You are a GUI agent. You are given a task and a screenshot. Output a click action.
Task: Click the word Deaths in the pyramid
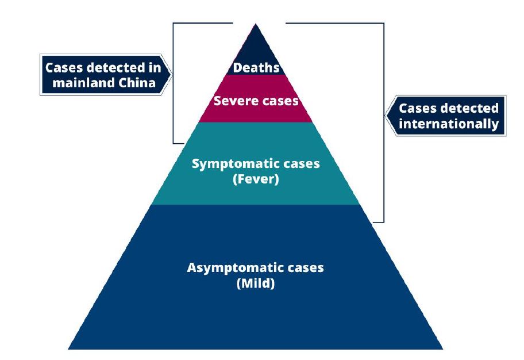coord(256,68)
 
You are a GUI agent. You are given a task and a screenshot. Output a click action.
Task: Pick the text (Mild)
coord(256,284)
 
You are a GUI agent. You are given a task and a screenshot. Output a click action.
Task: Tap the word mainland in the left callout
coord(81,83)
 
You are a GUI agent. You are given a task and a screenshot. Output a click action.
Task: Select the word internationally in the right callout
coord(449,124)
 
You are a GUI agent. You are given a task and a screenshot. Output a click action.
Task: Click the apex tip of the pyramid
coord(256,24)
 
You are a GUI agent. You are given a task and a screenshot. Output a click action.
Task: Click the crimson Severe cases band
coord(256,113)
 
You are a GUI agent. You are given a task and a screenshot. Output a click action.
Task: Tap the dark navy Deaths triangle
coord(256,49)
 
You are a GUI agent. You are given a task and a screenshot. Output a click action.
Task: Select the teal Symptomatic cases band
coord(256,193)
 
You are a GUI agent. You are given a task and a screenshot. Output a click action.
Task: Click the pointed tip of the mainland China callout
coord(171,75)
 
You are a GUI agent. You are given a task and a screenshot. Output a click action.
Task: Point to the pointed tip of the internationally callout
coord(386,116)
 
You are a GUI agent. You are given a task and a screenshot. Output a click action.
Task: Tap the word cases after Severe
coord(279,101)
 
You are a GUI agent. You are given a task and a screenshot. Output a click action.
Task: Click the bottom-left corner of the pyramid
coord(68,348)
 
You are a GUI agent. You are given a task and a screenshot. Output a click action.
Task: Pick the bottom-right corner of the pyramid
coord(442,348)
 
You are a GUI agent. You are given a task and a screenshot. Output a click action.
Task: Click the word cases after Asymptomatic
coord(304,268)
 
